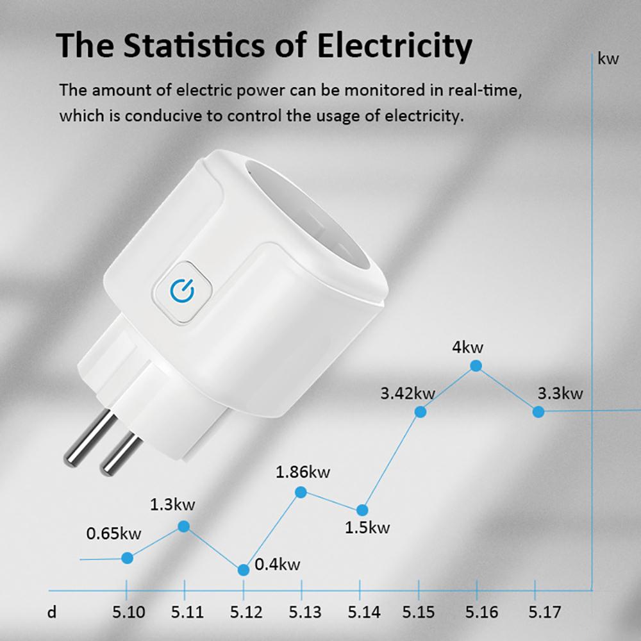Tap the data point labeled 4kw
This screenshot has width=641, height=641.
tap(476, 366)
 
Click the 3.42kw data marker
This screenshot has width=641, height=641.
tap(420, 412)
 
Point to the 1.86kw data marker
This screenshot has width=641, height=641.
tap(301, 492)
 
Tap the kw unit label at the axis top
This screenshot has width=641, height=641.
tap(608, 60)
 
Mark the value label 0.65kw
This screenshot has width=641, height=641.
tap(113, 533)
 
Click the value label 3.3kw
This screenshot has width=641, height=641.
tap(560, 393)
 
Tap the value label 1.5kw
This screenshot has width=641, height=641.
tap(367, 528)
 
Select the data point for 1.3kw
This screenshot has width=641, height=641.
tap(183, 526)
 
